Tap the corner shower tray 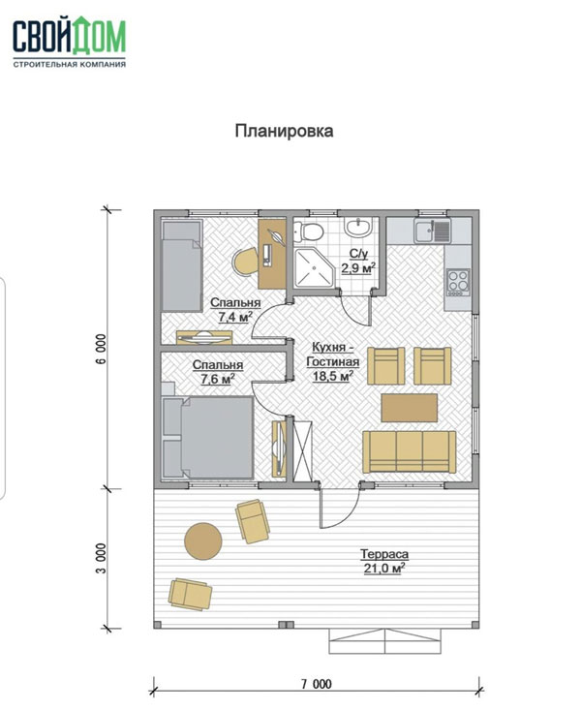[x=315, y=267]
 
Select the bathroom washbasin [x=358, y=227]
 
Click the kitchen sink [x=433, y=231]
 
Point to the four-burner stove [x=458, y=282]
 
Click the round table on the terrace [x=203, y=541]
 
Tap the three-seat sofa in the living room [x=410, y=451]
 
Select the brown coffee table [x=410, y=408]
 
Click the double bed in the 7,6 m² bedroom [x=208, y=438]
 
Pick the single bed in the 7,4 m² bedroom [x=182, y=265]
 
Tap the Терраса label [x=384, y=554]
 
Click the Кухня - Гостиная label [x=333, y=355]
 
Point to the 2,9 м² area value [x=358, y=267]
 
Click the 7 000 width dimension [x=317, y=683]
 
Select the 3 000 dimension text [x=101, y=558]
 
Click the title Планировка [x=285, y=131]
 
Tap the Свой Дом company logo [x=70, y=42]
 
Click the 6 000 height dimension [x=101, y=349]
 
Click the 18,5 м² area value [x=333, y=376]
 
